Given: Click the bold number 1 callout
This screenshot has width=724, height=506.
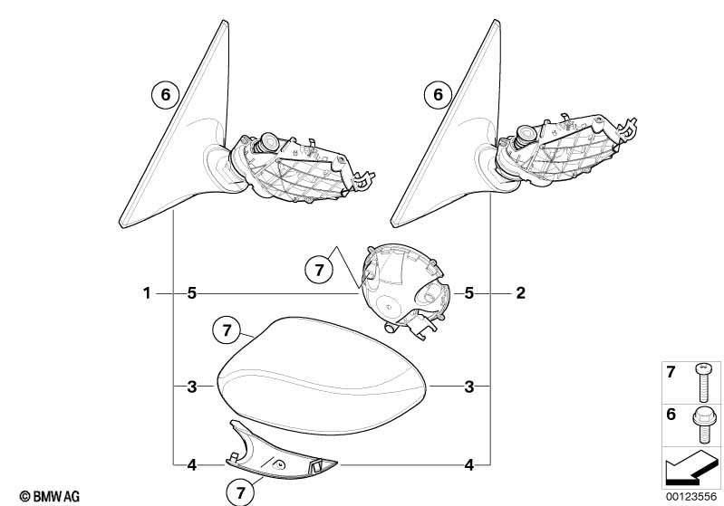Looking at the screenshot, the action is click(x=147, y=293).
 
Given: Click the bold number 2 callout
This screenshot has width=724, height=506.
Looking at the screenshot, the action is click(x=520, y=293).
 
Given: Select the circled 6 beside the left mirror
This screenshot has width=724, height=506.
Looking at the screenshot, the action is click(x=165, y=94).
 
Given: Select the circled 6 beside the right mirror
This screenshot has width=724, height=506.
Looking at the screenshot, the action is click(x=438, y=94).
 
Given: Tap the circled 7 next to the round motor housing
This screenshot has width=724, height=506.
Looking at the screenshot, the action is click(x=319, y=270).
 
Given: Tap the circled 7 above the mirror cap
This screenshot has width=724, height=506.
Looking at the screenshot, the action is click(x=227, y=330).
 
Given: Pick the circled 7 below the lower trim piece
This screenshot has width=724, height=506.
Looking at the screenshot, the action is click(x=240, y=492).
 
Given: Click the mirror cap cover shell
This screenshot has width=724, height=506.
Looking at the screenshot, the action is click(x=321, y=376).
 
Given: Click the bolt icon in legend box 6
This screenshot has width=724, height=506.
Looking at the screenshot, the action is click(x=703, y=425).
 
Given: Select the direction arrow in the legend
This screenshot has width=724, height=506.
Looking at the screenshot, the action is click(x=691, y=466).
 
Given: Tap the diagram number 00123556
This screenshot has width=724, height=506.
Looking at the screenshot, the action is click(x=691, y=497).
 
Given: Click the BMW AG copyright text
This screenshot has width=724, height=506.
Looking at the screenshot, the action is click(x=50, y=497).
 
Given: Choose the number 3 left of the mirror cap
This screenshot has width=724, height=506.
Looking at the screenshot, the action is click(x=192, y=387).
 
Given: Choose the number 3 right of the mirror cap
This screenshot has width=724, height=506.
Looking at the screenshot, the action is click(x=469, y=387).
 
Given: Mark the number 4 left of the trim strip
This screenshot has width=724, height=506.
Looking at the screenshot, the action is click(x=192, y=465).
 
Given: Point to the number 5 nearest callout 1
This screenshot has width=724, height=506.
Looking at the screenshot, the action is click(x=192, y=293).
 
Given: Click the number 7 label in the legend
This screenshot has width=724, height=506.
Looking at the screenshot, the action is click(x=671, y=372).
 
